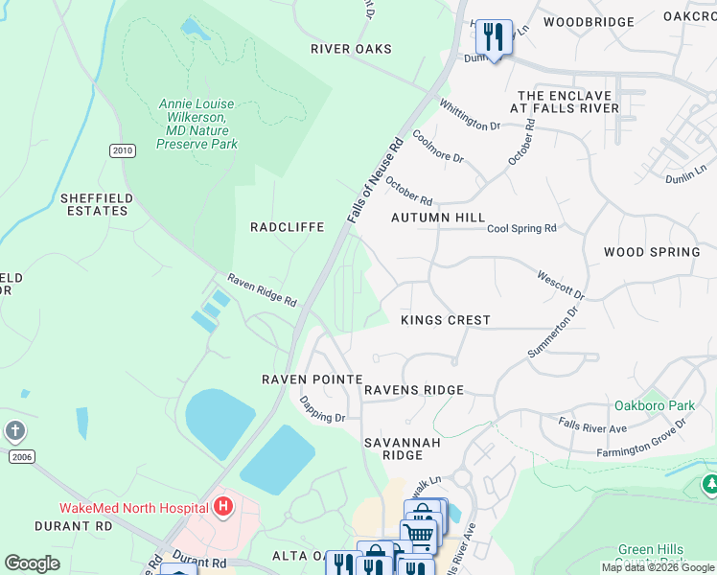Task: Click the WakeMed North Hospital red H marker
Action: (223, 506)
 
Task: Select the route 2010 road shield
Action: (122, 150)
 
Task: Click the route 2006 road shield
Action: (21, 457)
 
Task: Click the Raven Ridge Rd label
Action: (262, 289)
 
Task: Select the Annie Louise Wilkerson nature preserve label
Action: (197, 124)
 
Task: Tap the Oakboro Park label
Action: (654, 405)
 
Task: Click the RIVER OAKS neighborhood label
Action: (352, 49)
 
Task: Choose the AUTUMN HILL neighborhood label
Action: (438, 218)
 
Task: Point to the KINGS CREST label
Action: (445, 320)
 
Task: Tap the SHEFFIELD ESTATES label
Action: (94, 204)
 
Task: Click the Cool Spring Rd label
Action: (521, 229)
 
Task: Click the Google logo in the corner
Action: (32, 563)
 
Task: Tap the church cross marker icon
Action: (14, 430)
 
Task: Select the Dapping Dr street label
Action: (322, 409)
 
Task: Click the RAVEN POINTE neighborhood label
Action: (310, 379)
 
